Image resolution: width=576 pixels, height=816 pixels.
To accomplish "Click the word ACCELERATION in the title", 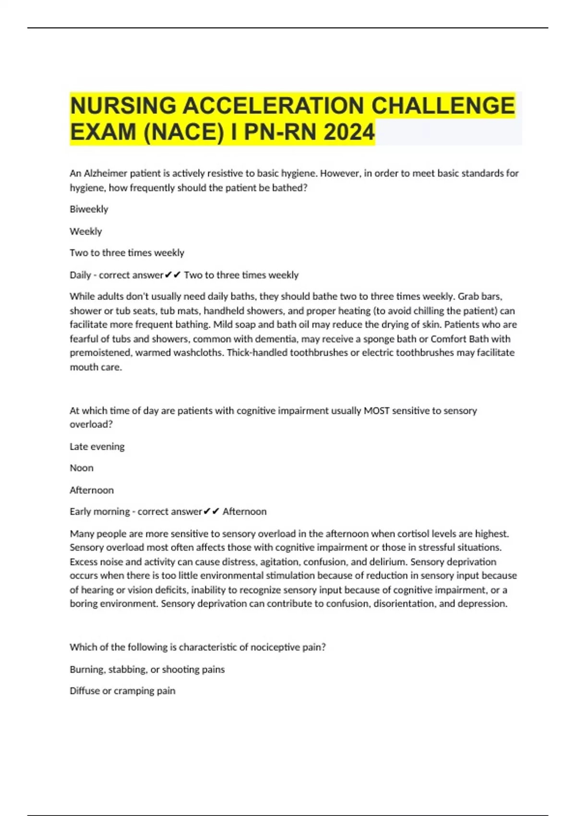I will click(274, 106).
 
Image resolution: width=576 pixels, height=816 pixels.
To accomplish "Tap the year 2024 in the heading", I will click(349, 132).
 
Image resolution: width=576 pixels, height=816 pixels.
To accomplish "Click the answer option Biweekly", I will click(89, 209).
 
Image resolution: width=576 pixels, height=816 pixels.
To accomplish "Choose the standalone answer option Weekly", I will click(86, 231).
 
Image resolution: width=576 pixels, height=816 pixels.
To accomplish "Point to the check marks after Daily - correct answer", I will click(173, 275).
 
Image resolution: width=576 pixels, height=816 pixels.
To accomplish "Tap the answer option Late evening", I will click(97, 446).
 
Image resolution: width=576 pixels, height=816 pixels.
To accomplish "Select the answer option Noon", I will click(82, 468).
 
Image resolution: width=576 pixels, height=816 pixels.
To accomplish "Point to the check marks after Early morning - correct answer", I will click(211, 512).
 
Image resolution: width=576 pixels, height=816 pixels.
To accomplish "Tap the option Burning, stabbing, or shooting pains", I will click(147, 669).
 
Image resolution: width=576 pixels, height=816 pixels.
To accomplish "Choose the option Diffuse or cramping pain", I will click(122, 691).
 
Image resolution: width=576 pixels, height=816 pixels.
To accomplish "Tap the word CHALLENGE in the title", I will click(443, 106).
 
